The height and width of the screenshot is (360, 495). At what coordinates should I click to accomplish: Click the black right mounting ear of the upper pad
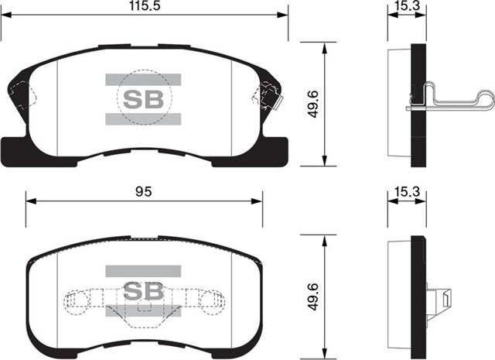coord(275,149)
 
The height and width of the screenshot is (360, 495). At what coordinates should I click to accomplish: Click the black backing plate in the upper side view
coord(418,104)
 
